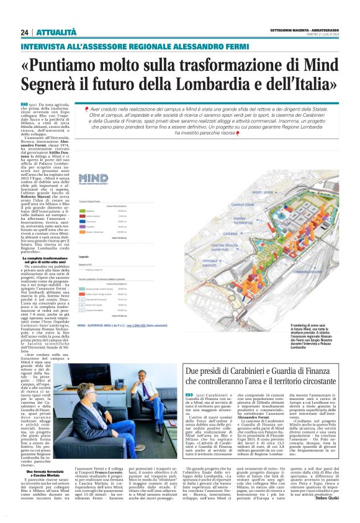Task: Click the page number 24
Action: coord(25,32)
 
